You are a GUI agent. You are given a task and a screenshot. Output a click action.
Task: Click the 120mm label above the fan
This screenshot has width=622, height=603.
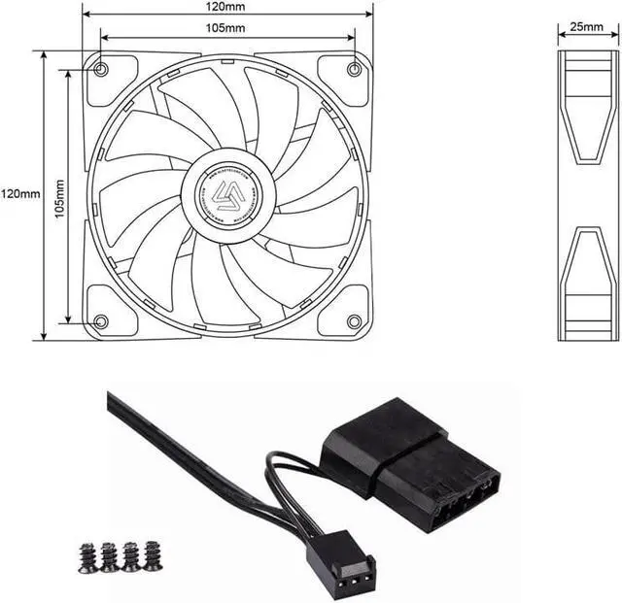tap(226, 6)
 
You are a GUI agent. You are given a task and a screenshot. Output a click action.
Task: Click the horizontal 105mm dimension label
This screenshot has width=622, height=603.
tap(226, 27)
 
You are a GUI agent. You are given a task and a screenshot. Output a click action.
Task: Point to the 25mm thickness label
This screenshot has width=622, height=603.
tap(587, 28)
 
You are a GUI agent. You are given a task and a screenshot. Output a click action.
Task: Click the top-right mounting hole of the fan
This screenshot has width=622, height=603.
tap(354, 69)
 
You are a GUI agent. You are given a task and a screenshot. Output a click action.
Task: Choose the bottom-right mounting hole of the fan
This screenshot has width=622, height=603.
tap(354, 321)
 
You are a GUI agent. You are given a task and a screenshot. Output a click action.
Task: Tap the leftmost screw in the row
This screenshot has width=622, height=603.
tap(86, 557)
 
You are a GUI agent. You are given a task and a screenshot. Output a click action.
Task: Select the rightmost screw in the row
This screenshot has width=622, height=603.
tap(153, 555)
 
